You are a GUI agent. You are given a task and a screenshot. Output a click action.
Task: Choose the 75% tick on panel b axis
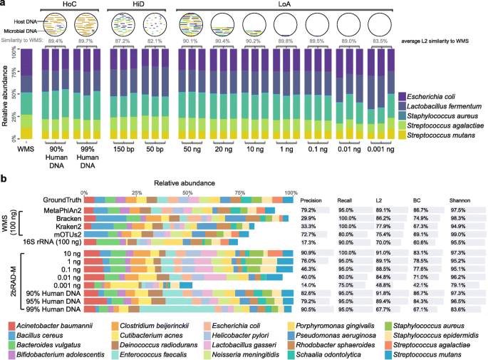coord(240,192)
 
